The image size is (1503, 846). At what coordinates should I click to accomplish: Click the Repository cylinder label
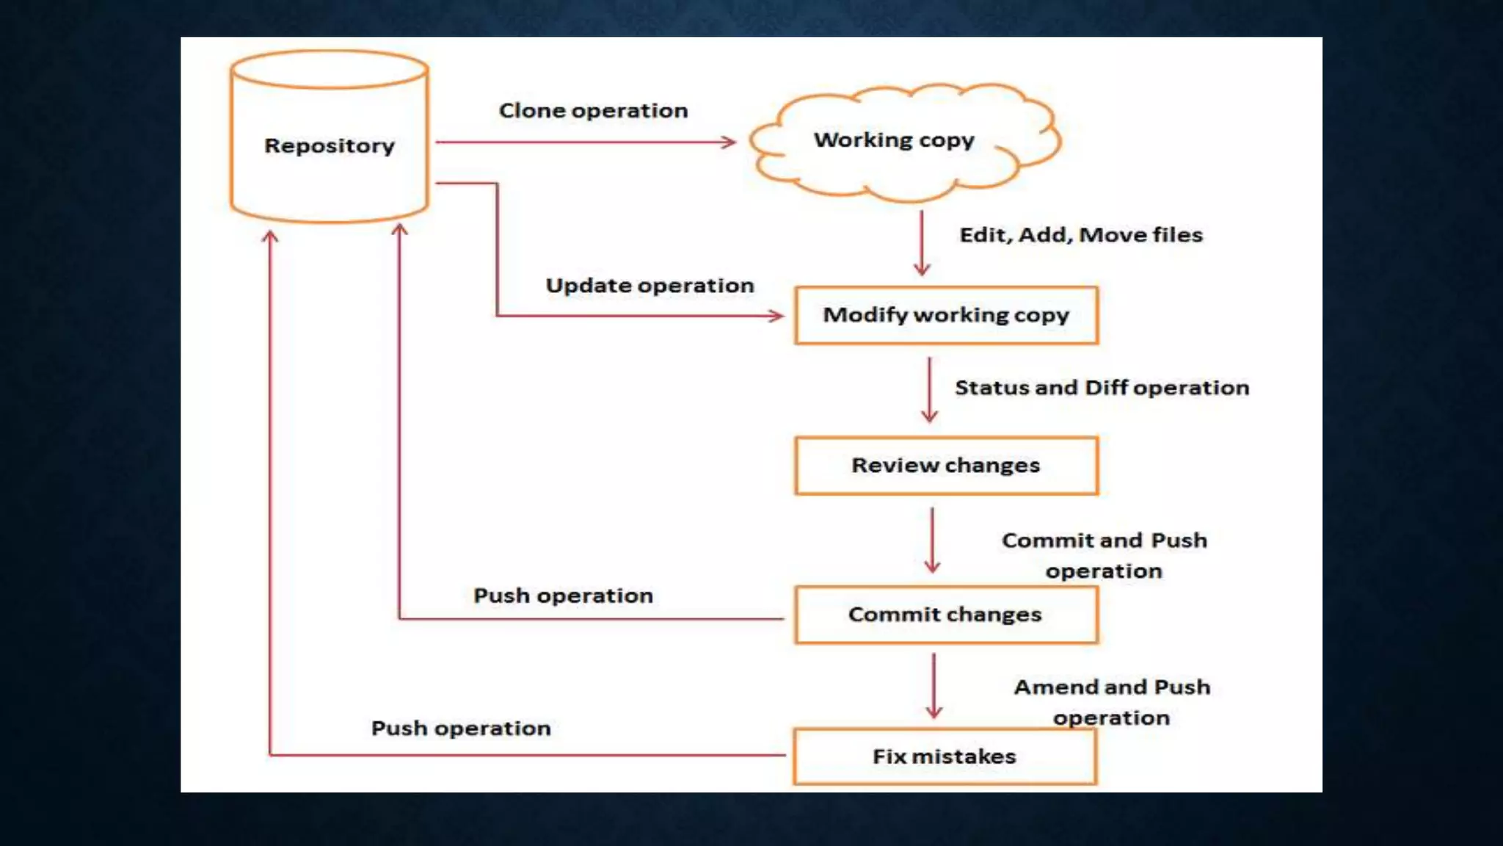tap(330, 145)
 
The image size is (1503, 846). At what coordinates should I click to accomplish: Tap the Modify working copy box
tap(946, 315)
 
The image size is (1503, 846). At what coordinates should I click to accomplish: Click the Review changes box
tap(946, 466)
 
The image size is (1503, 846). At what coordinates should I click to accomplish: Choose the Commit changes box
tap(945, 615)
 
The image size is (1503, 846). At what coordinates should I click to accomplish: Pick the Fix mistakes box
tap(945, 756)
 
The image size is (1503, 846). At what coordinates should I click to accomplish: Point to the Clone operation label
tap(593, 111)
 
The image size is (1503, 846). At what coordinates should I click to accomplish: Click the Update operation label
tap(649, 286)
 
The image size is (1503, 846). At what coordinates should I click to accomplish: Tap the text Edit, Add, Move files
tap(1081, 235)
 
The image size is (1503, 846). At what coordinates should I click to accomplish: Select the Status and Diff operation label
tap(1102, 388)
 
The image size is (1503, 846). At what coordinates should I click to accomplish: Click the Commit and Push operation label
tap(1104, 555)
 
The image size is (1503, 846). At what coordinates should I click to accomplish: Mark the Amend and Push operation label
tap(1112, 702)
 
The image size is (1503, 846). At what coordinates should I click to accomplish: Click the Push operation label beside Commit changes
tap(563, 596)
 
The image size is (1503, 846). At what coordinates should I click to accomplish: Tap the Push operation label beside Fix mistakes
tap(461, 728)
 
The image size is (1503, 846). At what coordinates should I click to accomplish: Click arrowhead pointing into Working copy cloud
tap(729, 142)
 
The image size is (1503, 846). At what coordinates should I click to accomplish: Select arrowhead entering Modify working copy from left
tap(776, 316)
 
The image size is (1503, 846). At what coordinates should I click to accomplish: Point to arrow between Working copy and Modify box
tap(922, 242)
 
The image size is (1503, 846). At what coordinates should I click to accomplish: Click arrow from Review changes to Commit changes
tap(932, 540)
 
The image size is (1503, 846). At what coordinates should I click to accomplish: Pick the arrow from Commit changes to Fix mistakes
tap(934, 685)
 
